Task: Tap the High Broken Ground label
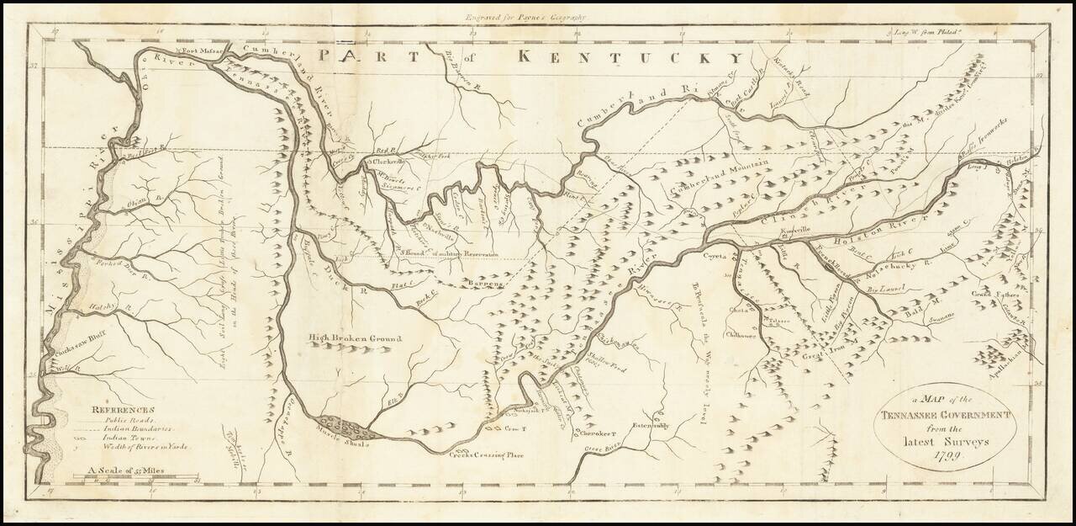[355, 338]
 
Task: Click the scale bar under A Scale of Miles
[135, 477]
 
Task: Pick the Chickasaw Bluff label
[77, 348]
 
